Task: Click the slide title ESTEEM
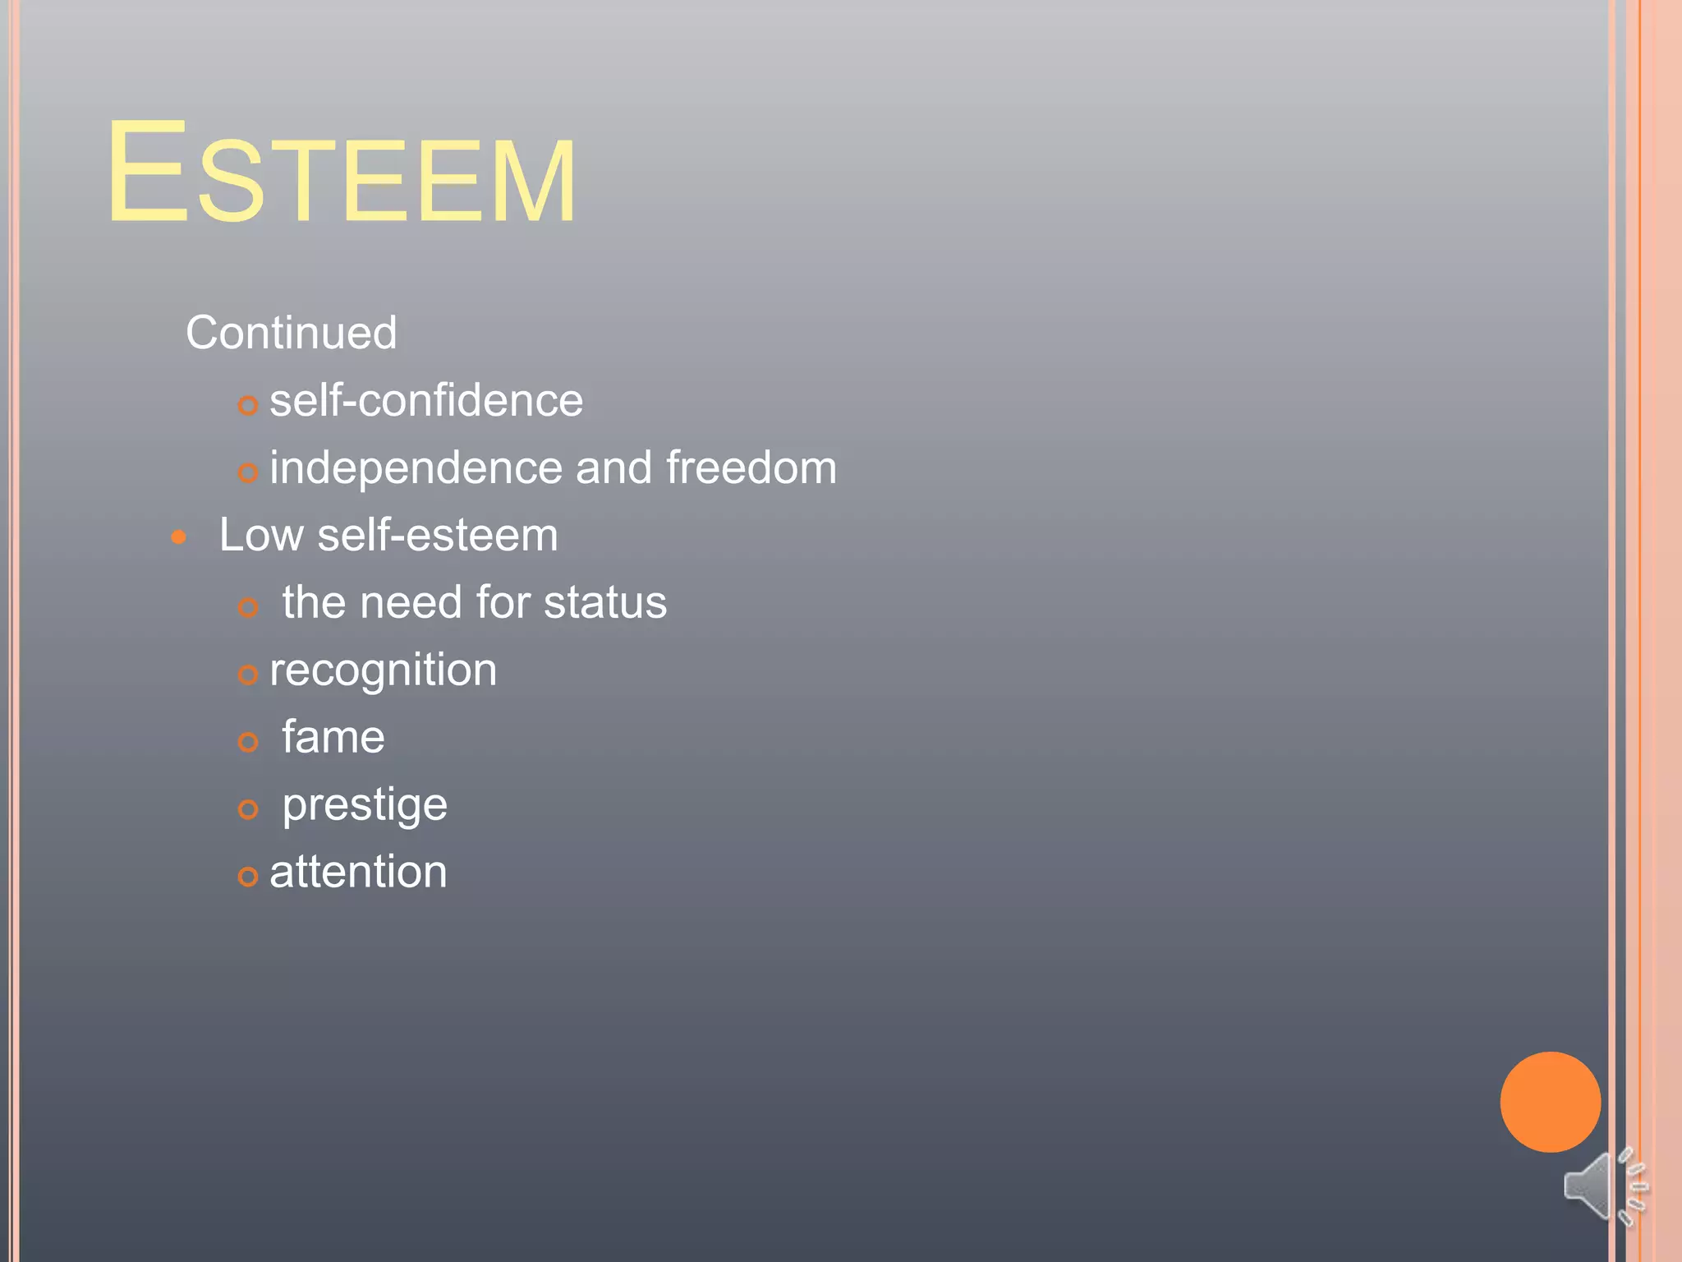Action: pos(342,173)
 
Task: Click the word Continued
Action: pos(291,333)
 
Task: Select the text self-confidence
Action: pos(426,401)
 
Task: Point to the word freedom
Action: pos(751,467)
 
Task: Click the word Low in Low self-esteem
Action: pos(261,535)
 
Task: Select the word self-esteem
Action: pos(438,535)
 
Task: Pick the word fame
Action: pos(333,737)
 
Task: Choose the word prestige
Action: pos(365,805)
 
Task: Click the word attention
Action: pos(358,872)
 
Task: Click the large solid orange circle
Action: pos(1550,1102)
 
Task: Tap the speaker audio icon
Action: pos(1603,1186)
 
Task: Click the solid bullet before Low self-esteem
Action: pos(179,538)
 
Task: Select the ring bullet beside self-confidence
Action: pos(248,405)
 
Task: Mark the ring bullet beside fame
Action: pos(248,742)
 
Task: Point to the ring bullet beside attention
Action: pos(248,877)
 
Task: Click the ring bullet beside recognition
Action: pos(248,675)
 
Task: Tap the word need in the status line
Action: pos(411,602)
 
